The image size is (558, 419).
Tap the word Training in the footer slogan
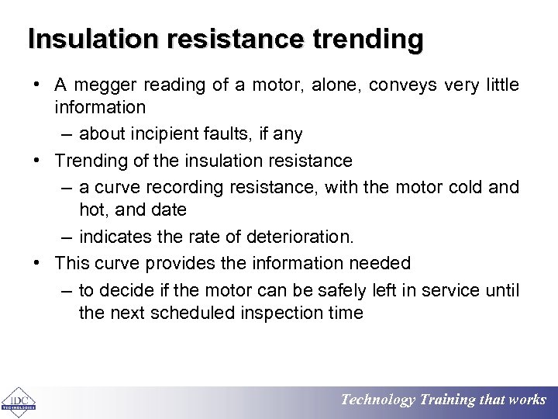point(448,400)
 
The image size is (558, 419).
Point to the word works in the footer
point(527,400)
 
